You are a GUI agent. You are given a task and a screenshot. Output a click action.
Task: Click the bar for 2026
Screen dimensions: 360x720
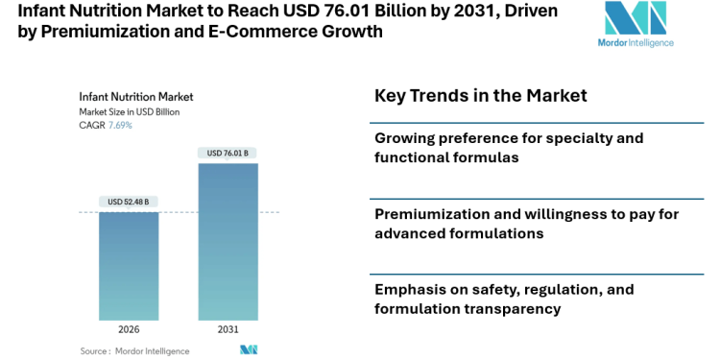129,265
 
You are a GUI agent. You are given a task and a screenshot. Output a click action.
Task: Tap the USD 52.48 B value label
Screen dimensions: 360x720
129,202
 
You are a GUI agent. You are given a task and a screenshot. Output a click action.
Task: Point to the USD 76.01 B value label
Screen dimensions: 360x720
228,153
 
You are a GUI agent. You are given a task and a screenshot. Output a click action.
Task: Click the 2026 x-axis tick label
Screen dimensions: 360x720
129,329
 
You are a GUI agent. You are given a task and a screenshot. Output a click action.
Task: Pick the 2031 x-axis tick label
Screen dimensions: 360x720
228,329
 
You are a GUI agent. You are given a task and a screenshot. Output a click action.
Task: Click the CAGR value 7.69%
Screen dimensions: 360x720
120,126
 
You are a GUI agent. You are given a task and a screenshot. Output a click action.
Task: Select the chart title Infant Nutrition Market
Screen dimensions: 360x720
135,97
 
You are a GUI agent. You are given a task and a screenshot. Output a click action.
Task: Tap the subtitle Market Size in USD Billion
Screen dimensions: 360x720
129,112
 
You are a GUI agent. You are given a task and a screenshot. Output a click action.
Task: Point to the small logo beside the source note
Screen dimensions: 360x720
249,350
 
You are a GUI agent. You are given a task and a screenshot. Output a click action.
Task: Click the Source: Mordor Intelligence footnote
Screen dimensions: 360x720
134,350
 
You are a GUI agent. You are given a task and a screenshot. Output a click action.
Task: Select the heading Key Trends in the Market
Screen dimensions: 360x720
480,96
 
